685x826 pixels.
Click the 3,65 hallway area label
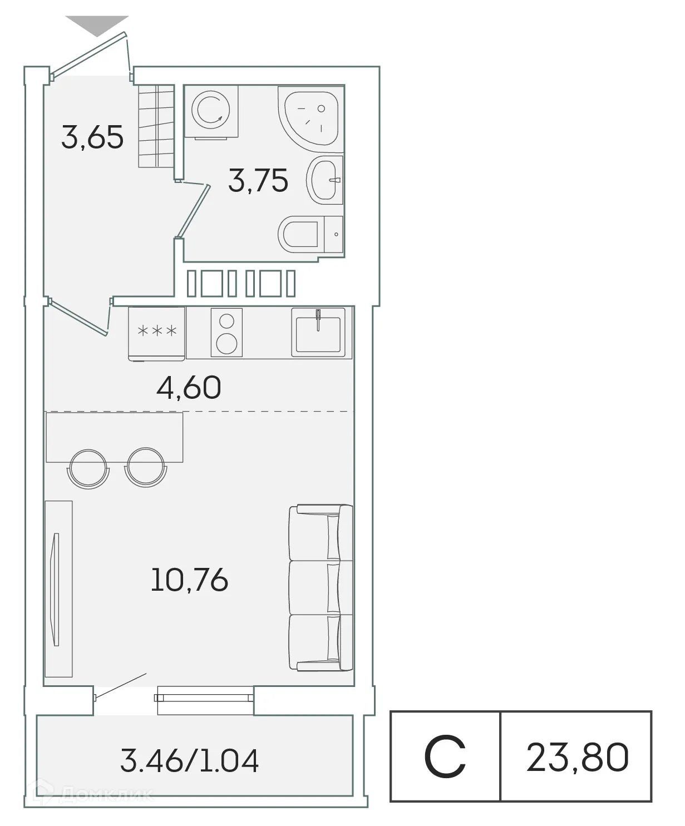92,137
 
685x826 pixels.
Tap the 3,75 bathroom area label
258,181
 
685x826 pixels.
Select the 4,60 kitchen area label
189,388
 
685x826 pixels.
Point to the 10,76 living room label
189,581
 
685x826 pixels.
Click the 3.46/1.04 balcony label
190,761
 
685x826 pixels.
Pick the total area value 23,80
578,758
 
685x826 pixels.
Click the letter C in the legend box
445,758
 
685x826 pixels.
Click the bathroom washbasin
325,179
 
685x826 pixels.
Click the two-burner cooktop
226,332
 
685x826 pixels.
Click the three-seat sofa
321,587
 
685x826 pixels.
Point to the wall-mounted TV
55,588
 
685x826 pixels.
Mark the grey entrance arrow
97,25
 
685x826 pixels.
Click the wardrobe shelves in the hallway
156,125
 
